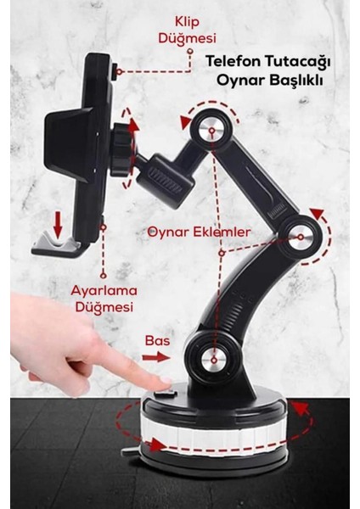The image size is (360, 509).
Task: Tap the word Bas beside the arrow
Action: click(x=157, y=340)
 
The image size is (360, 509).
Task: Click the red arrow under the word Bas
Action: click(x=155, y=356)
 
